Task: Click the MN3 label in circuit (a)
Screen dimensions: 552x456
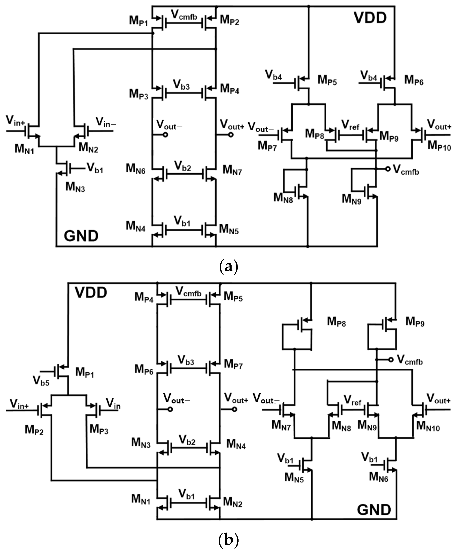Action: click(75, 187)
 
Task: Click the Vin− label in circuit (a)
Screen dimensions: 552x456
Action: click(106, 122)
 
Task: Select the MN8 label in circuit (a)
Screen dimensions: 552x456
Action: click(283, 198)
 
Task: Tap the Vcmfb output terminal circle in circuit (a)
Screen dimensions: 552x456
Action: click(388, 169)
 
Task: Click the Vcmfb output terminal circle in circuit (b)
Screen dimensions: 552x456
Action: click(391, 360)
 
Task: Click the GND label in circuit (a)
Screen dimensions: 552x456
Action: click(81, 236)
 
